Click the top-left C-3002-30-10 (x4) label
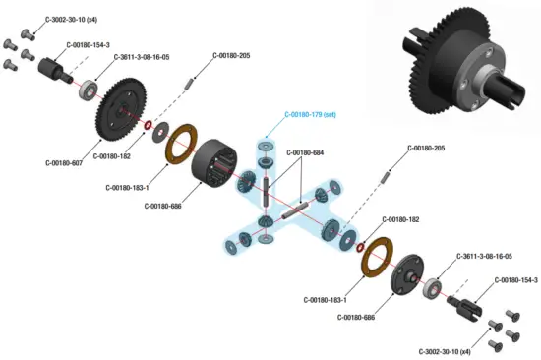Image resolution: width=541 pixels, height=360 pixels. [x=72, y=18]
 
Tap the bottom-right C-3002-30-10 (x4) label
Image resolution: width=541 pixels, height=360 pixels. [x=446, y=351]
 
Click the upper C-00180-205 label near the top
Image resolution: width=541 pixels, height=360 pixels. [x=230, y=54]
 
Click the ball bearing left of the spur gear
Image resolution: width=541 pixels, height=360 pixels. [x=89, y=90]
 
